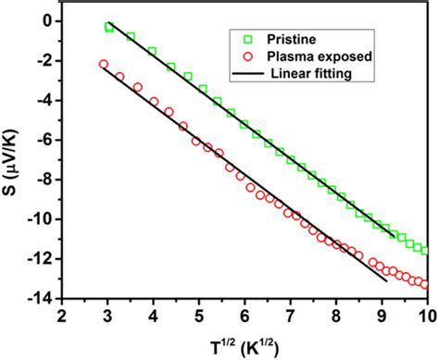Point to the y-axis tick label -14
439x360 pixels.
[x=42, y=298]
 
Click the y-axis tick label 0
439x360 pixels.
[x=49, y=20]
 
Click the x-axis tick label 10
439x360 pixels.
[x=425, y=315]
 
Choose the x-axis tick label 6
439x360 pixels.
[x=244, y=315]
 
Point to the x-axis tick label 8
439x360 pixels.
[x=334, y=315]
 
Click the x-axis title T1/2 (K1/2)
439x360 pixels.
[x=243, y=342]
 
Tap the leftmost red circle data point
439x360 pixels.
[x=103, y=64]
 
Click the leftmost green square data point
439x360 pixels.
[x=109, y=28]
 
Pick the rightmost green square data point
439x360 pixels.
[x=424, y=250]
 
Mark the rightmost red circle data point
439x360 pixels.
[x=424, y=284]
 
